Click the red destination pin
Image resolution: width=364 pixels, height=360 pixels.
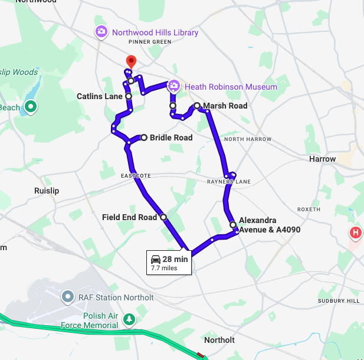pos(131,61)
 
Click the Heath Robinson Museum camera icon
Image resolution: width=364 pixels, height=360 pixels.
pos(174,87)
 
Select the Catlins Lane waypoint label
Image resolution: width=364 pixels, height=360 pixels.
pos(99,96)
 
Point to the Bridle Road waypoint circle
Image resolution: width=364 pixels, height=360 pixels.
pos(143,138)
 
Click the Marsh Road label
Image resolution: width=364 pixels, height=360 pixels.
pos(225,106)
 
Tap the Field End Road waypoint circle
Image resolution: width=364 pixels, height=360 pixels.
pos(163,217)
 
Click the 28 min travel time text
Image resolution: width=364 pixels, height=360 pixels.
pos(175,259)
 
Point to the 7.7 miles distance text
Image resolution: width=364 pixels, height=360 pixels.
pos(164,268)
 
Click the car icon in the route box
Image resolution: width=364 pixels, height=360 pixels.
pos(156,259)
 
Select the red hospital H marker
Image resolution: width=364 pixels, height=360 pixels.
pos(356,233)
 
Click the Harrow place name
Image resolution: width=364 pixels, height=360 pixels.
pos(322,159)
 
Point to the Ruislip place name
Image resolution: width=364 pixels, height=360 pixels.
pos(47,191)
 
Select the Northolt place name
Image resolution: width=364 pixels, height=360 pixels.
pos(219,341)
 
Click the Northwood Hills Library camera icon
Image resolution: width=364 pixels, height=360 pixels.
pos(101,32)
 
